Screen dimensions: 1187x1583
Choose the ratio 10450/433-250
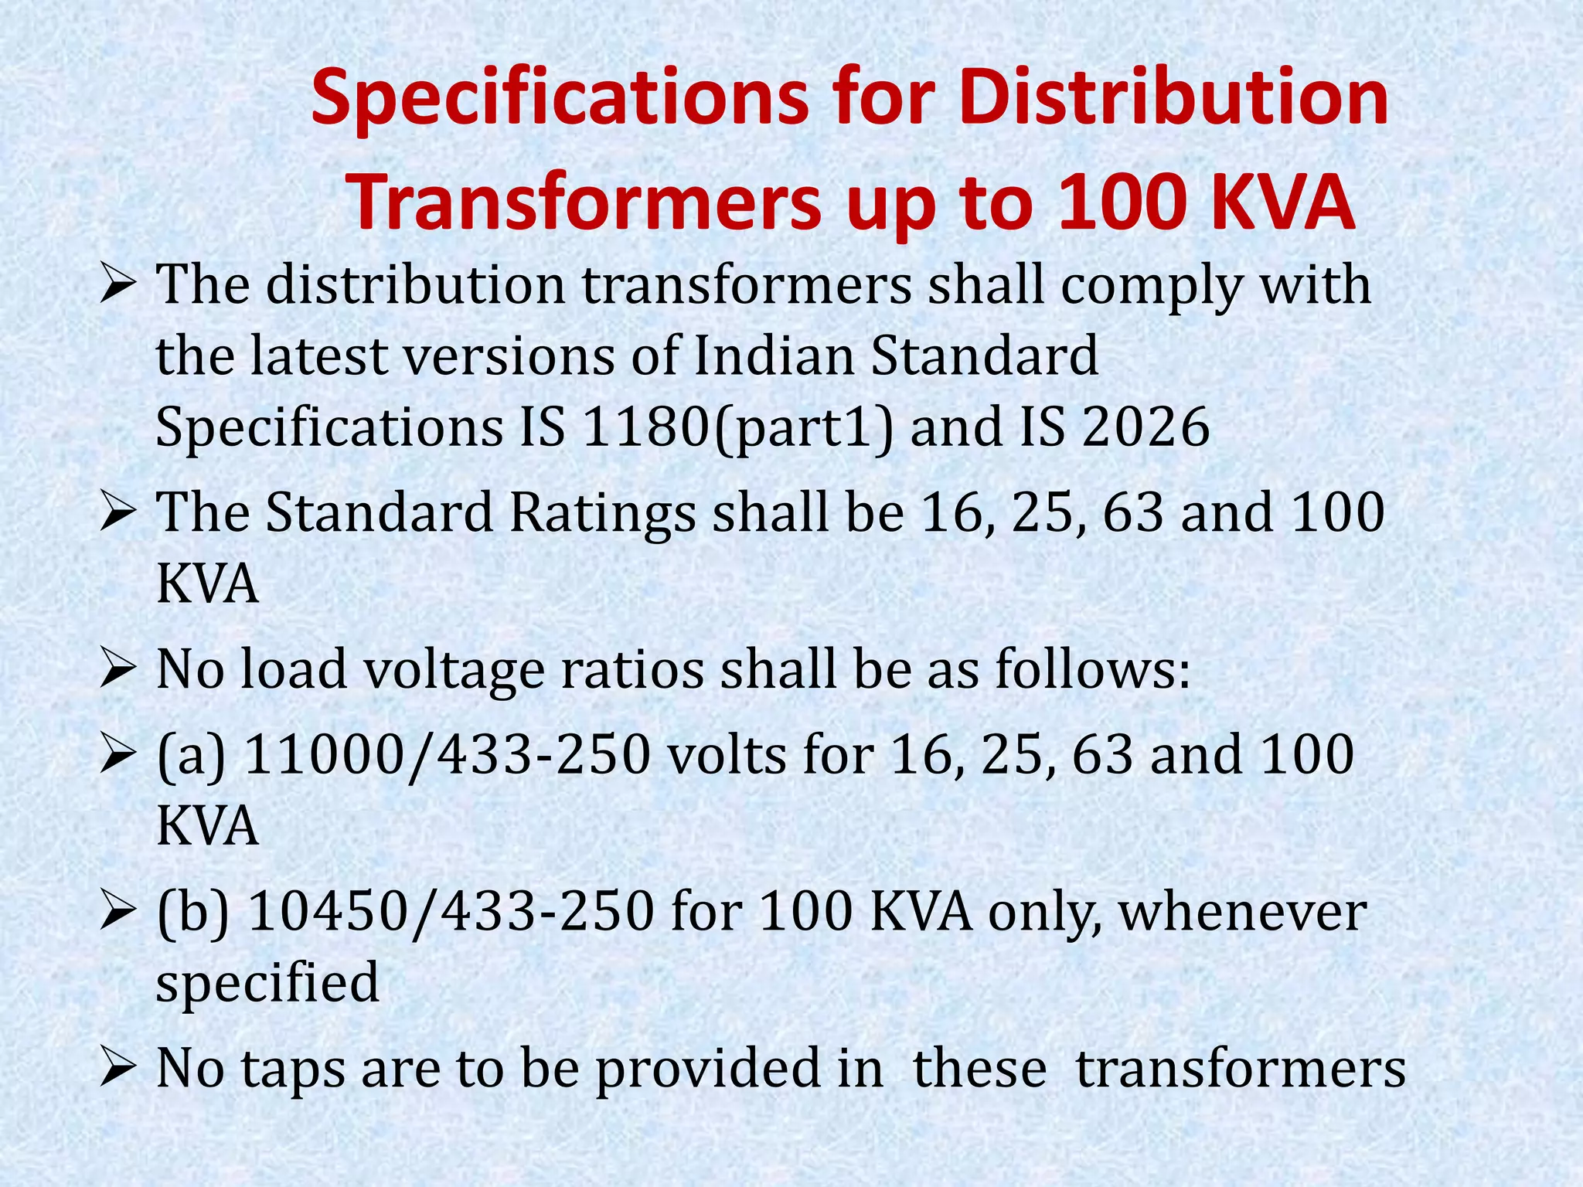tap(451, 912)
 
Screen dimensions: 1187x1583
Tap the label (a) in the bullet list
tap(191, 755)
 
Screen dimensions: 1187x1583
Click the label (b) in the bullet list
tap(192, 912)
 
